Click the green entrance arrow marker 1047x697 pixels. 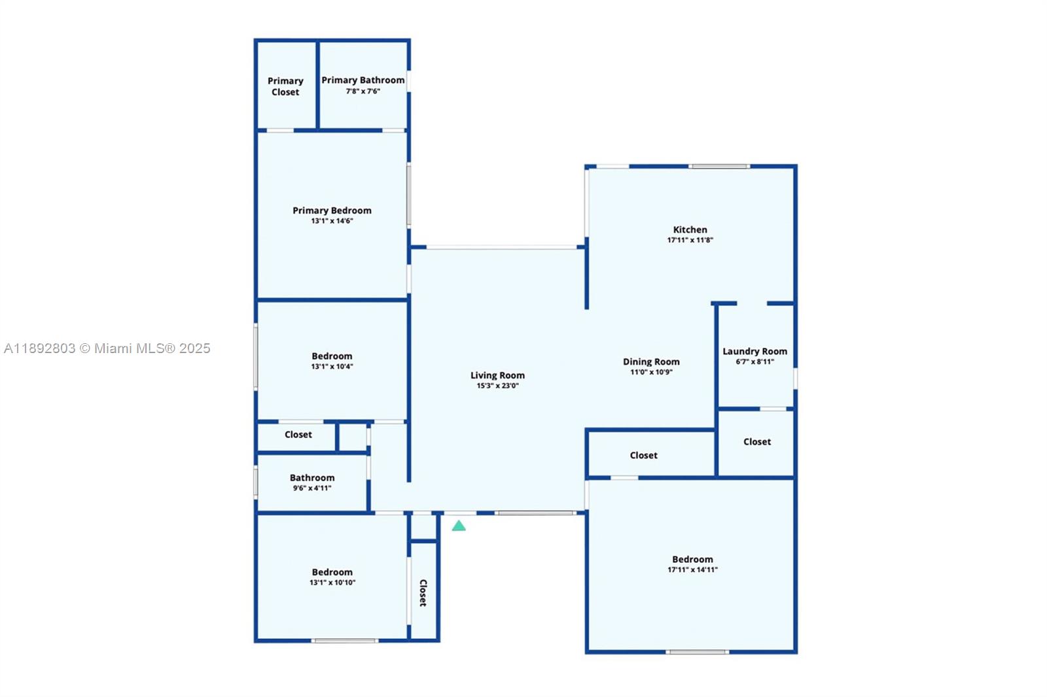pos(459,526)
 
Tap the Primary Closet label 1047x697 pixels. pos(285,86)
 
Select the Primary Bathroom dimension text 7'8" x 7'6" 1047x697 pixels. pos(363,91)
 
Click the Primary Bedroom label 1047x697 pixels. pos(332,211)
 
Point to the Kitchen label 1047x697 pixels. pos(690,229)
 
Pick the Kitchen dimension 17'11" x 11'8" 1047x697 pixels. pos(690,240)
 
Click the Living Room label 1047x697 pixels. pos(497,375)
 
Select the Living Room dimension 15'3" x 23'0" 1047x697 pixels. pos(497,386)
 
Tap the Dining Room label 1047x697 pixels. pos(651,362)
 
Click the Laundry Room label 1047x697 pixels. pos(755,351)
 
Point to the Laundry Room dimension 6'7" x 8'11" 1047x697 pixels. pos(755,362)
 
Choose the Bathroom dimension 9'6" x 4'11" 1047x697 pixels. pos(312,488)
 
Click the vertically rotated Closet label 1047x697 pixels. pos(423,593)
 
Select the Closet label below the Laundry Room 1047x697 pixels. pos(757,441)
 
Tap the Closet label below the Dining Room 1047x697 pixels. pos(644,455)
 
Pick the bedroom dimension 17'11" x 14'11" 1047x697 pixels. pos(693,570)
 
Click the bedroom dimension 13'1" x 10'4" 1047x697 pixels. pos(332,367)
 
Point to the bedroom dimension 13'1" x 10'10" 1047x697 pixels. pos(332,583)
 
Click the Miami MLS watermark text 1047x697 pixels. pos(107,348)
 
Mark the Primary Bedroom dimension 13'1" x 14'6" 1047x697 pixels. pos(332,221)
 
